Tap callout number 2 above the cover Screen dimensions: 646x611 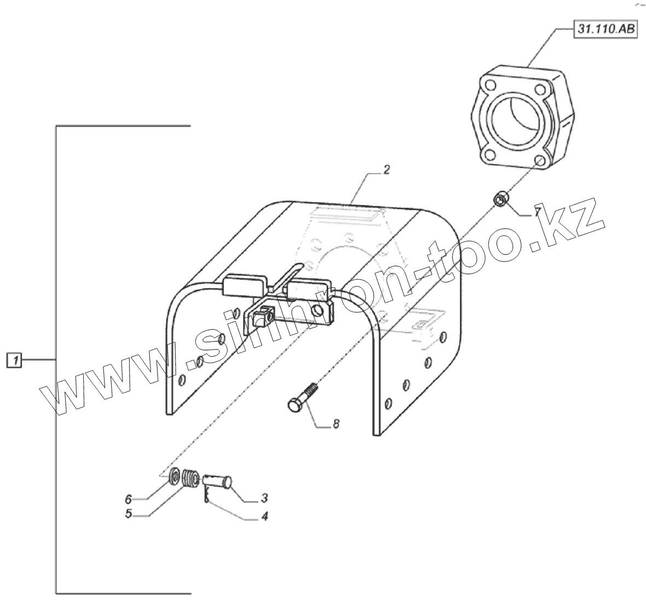[x=386, y=170]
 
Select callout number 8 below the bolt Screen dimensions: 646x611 [x=335, y=424]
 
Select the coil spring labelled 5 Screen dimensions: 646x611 [x=189, y=478]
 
